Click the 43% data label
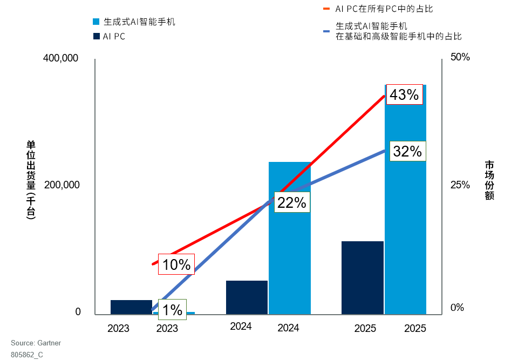405,95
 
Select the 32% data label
407,152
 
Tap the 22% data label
292,202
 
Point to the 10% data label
176,264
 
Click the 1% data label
172,310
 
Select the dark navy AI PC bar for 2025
363,277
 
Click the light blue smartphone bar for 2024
290,237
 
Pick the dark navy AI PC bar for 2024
247,297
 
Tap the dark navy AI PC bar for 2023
131,307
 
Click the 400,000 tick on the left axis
61,58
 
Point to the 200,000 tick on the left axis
62,185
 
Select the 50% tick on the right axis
461,57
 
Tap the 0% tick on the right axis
458,308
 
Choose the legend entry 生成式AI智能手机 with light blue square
134,22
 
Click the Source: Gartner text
36,343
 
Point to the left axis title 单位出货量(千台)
31,180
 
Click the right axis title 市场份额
489,180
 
